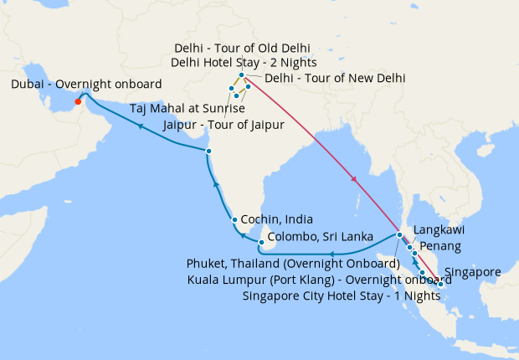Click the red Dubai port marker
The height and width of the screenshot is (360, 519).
click(78, 102)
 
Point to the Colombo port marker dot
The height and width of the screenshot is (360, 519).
click(262, 243)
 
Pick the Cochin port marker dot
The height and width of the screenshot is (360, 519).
click(235, 219)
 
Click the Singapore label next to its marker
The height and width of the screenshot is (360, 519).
click(473, 272)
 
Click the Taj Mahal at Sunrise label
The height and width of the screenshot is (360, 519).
click(187, 109)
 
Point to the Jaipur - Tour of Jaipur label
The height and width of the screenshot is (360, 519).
click(224, 125)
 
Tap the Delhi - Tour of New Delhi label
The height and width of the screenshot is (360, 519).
click(335, 78)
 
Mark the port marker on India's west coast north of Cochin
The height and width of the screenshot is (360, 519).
click(208, 151)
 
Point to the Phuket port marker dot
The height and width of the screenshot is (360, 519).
click(400, 234)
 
